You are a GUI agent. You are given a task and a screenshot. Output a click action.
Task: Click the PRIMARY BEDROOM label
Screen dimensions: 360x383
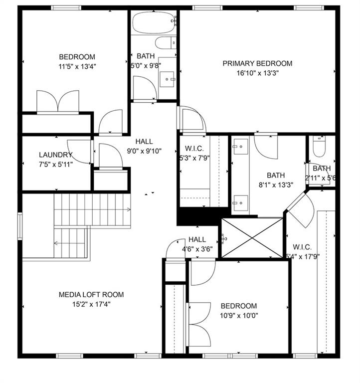click(257, 63)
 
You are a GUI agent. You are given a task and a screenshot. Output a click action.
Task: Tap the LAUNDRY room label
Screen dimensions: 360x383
click(56, 155)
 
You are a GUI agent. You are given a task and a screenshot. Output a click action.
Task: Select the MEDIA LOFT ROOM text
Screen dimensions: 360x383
click(91, 295)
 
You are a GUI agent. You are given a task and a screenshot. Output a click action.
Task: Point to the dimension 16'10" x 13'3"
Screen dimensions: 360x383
click(257, 73)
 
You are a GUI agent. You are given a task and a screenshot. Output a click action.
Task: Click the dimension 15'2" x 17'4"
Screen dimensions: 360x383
click(91, 304)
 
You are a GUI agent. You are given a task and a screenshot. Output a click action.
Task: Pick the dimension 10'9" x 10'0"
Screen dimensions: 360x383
click(239, 316)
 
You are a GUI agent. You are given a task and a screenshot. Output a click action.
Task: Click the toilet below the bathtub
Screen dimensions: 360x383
click(166, 43)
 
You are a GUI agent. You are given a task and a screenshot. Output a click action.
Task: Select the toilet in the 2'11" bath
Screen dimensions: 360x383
click(320, 147)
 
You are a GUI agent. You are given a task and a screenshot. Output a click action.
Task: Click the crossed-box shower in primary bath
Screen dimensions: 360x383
click(252, 238)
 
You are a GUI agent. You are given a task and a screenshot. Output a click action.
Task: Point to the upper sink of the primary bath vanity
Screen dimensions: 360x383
click(241, 147)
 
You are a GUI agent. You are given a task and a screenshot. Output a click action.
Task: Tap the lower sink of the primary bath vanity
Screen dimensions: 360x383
click(241, 203)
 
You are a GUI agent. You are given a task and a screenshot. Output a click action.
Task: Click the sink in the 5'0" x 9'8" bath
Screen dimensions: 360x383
click(167, 79)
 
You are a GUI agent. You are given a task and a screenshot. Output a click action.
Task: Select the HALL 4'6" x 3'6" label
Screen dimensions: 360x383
click(197, 244)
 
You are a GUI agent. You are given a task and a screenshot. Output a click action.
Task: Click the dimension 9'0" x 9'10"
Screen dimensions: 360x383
click(144, 151)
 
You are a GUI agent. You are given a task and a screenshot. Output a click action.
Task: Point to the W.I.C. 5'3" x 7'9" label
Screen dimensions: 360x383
click(194, 153)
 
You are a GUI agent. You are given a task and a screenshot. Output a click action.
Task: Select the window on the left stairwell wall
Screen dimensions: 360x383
click(20, 226)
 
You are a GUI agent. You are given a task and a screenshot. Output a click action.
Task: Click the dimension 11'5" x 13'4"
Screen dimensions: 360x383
click(77, 66)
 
